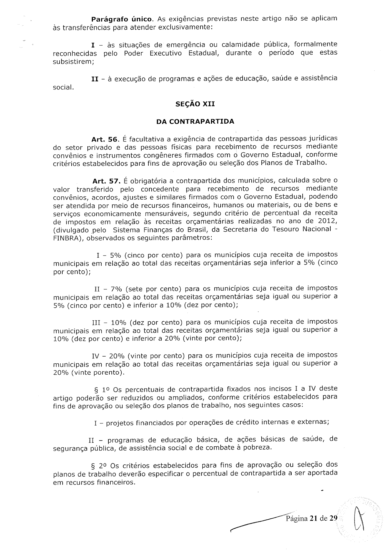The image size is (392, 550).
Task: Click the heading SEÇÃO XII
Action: point(195,104)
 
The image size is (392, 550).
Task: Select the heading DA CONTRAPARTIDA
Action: point(195,121)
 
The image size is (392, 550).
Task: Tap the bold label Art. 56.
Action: point(106,139)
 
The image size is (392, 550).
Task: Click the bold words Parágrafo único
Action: point(119,19)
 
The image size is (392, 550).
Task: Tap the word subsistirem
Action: point(73,61)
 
